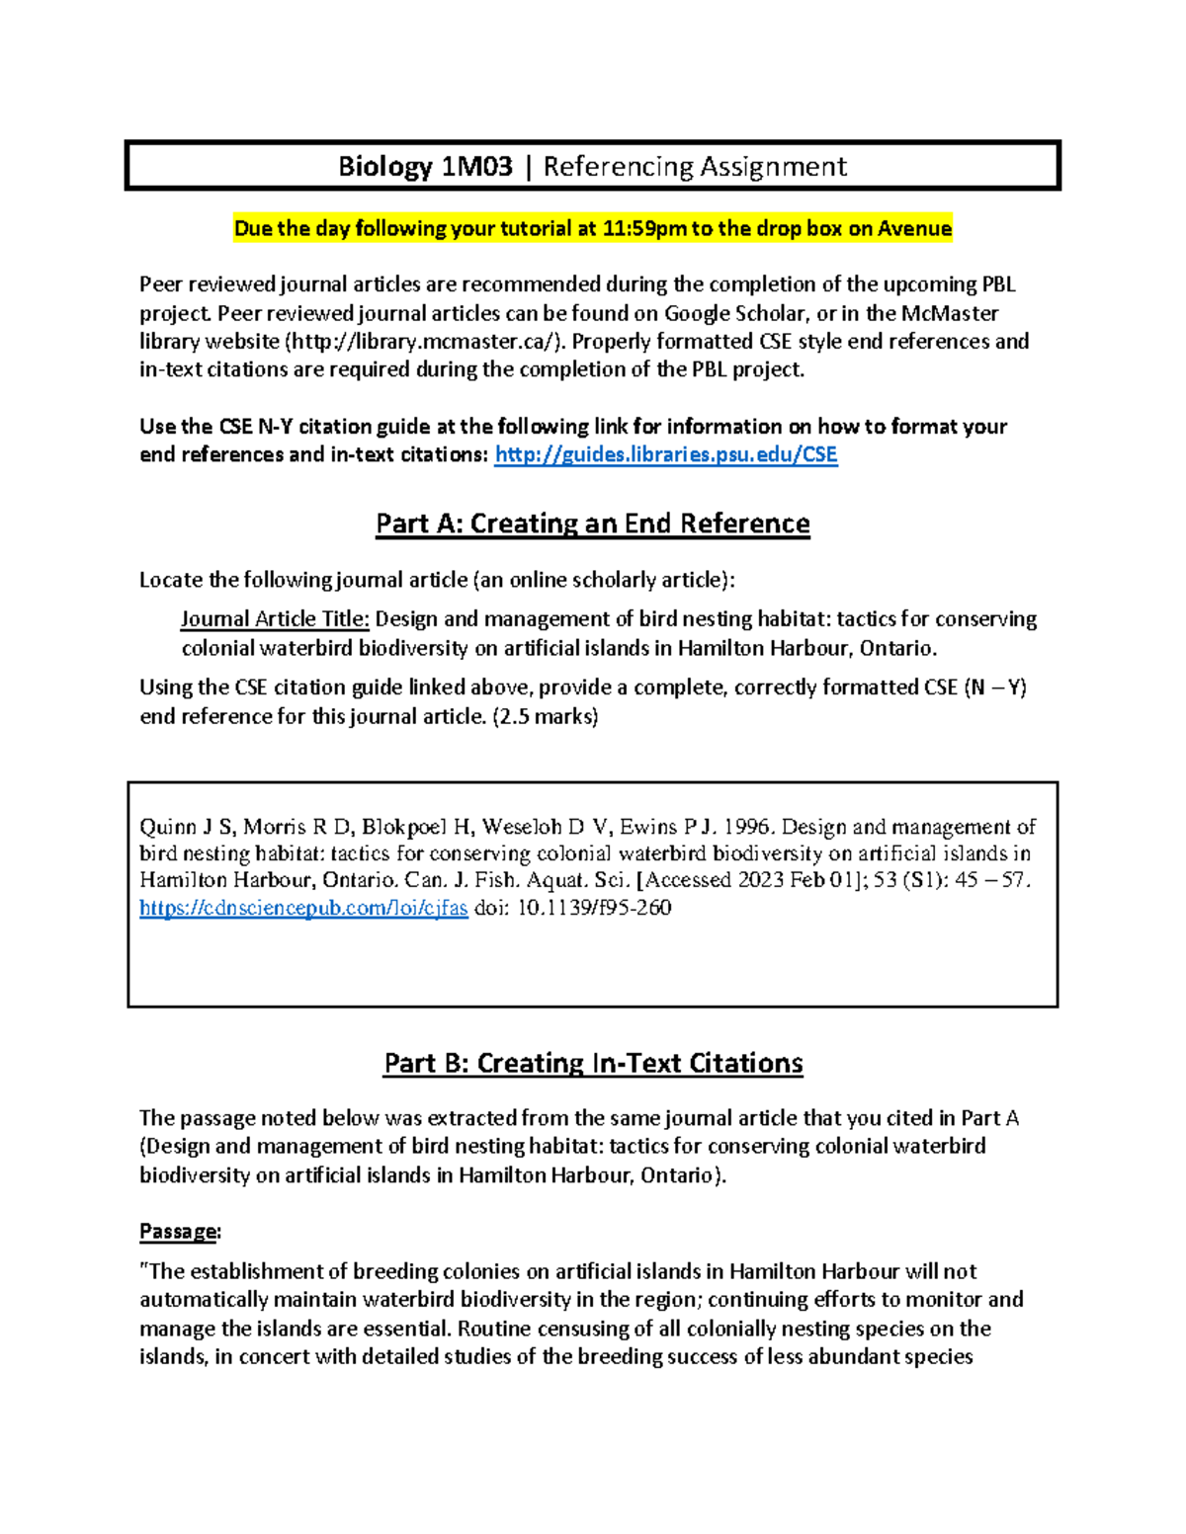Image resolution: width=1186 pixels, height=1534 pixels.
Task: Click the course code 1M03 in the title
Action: pyautogui.click(x=476, y=166)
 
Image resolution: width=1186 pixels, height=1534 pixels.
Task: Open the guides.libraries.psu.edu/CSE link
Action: pyautogui.click(x=665, y=454)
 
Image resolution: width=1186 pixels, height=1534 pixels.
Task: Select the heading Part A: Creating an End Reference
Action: pyautogui.click(x=592, y=524)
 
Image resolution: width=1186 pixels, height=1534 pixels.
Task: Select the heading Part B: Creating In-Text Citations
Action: pyautogui.click(x=593, y=1063)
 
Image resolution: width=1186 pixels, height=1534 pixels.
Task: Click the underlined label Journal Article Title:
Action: pyautogui.click(x=275, y=619)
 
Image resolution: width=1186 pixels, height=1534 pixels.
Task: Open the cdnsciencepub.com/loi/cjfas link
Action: pyautogui.click(x=303, y=908)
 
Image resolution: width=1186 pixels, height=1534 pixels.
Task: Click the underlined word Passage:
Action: pyautogui.click(x=180, y=1232)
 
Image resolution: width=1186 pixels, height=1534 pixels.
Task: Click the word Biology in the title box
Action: pyautogui.click(x=384, y=166)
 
